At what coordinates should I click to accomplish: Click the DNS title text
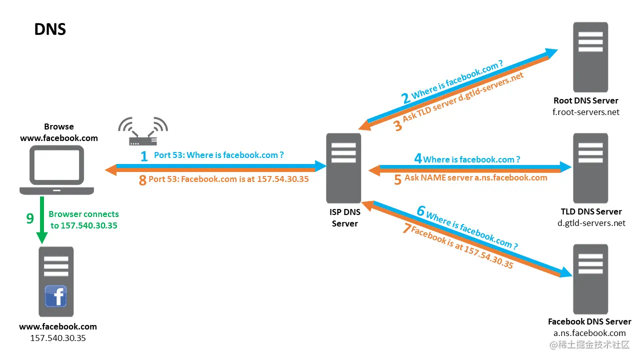coord(50,29)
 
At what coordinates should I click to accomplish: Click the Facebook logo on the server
coord(56,296)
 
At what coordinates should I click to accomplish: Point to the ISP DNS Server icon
coord(343,167)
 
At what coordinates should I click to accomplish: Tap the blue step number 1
coord(144,156)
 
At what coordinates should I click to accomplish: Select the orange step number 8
coord(142,180)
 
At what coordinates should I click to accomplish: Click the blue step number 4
coord(418,159)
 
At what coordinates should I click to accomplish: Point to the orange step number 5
coord(397,179)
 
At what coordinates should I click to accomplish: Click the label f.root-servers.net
coord(585,112)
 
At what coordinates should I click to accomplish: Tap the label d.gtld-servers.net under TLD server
coord(591,223)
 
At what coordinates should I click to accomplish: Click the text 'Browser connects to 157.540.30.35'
coord(84,220)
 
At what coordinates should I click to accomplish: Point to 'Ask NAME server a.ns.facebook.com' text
coord(475,177)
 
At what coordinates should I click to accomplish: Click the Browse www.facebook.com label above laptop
coord(59,132)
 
